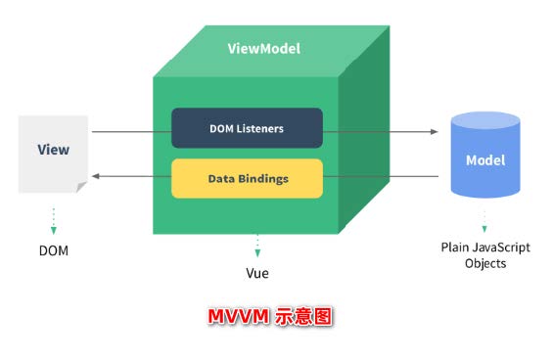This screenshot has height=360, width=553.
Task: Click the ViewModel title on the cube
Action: (263, 48)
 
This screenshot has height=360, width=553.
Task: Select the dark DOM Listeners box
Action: (247, 128)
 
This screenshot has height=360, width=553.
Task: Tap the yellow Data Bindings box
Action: (247, 179)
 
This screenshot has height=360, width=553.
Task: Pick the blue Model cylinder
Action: (485, 157)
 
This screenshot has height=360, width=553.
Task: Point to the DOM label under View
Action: (54, 250)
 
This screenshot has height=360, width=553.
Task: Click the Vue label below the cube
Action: (257, 273)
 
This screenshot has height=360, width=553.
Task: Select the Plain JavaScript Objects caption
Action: (485, 255)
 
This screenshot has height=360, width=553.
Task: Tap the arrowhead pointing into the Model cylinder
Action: (434, 130)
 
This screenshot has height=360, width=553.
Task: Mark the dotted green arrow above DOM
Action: (54, 220)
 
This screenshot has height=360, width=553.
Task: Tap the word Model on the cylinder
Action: (485, 160)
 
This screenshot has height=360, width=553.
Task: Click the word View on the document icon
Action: (53, 150)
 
